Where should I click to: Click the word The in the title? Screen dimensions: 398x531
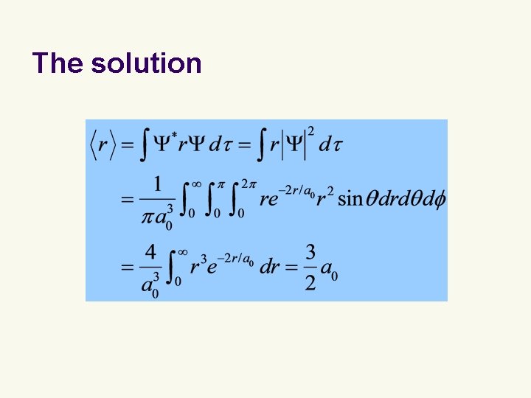pyautogui.click(x=58, y=63)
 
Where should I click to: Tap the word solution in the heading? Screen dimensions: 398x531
pyautogui.click(x=146, y=63)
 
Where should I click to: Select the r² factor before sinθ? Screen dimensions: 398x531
pyautogui.click(x=324, y=198)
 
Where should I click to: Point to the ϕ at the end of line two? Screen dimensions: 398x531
pyautogui.click(x=440, y=199)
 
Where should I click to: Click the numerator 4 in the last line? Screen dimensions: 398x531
pyautogui.click(x=150, y=252)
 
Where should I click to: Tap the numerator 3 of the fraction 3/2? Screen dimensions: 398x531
pyautogui.click(x=310, y=252)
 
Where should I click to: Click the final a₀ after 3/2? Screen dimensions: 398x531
pyautogui.click(x=330, y=268)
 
